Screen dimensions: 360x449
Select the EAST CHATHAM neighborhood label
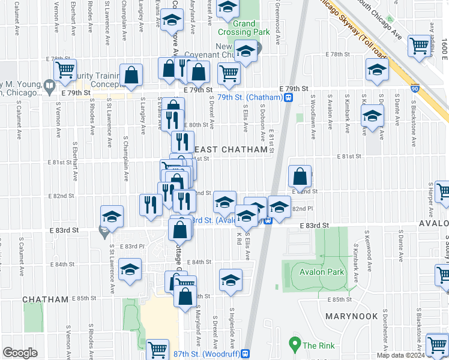click(x=230, y=149)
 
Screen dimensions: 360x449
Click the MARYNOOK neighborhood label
click(x=352, y=316)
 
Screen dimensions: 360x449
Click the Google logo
click(x=20, y=353)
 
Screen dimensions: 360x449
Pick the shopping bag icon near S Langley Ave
click(x=131, y=75)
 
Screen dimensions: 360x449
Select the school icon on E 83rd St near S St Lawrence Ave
click(x=111, y=217)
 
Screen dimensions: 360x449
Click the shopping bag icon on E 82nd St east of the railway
click(x=300, y=176)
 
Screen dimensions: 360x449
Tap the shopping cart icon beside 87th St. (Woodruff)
click(x=158, y=348)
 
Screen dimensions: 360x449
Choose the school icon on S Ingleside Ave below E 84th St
click(x=231, y=280)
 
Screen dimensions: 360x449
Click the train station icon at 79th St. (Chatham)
click(x=289, y=97)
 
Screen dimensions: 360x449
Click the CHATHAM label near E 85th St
click(x=46, y=299)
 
